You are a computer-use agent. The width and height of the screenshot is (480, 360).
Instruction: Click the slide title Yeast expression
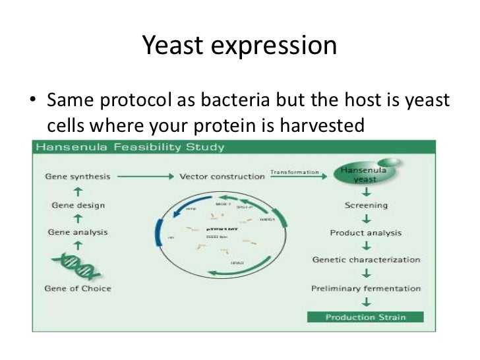coord(239,45)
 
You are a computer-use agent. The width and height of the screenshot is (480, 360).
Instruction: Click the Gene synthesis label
coord(77,177)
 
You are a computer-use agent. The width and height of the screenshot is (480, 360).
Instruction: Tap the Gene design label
coord(76,204)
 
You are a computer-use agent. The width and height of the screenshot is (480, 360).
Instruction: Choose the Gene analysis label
coord(77,232)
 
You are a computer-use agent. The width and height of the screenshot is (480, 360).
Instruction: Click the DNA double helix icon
coord(77,266)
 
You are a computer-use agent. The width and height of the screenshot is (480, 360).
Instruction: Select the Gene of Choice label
coord(77,288)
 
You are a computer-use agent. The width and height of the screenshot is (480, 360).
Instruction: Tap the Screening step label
coord(365,204)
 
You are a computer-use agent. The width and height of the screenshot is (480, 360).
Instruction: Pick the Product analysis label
coord(365,232)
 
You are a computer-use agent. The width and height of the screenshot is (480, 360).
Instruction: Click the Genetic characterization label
coord(365,259)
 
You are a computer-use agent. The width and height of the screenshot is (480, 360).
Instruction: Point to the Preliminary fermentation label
coord(365,288)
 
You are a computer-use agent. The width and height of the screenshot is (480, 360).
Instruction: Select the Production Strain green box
coord(365,317)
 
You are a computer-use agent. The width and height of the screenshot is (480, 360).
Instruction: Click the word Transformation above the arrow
coord(294,172)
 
